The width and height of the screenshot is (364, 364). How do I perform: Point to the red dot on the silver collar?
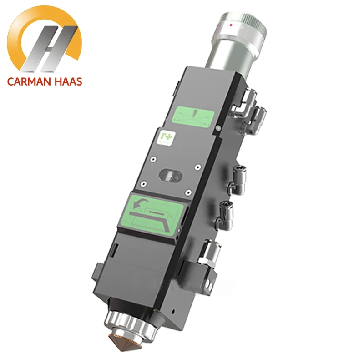[231, 25]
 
